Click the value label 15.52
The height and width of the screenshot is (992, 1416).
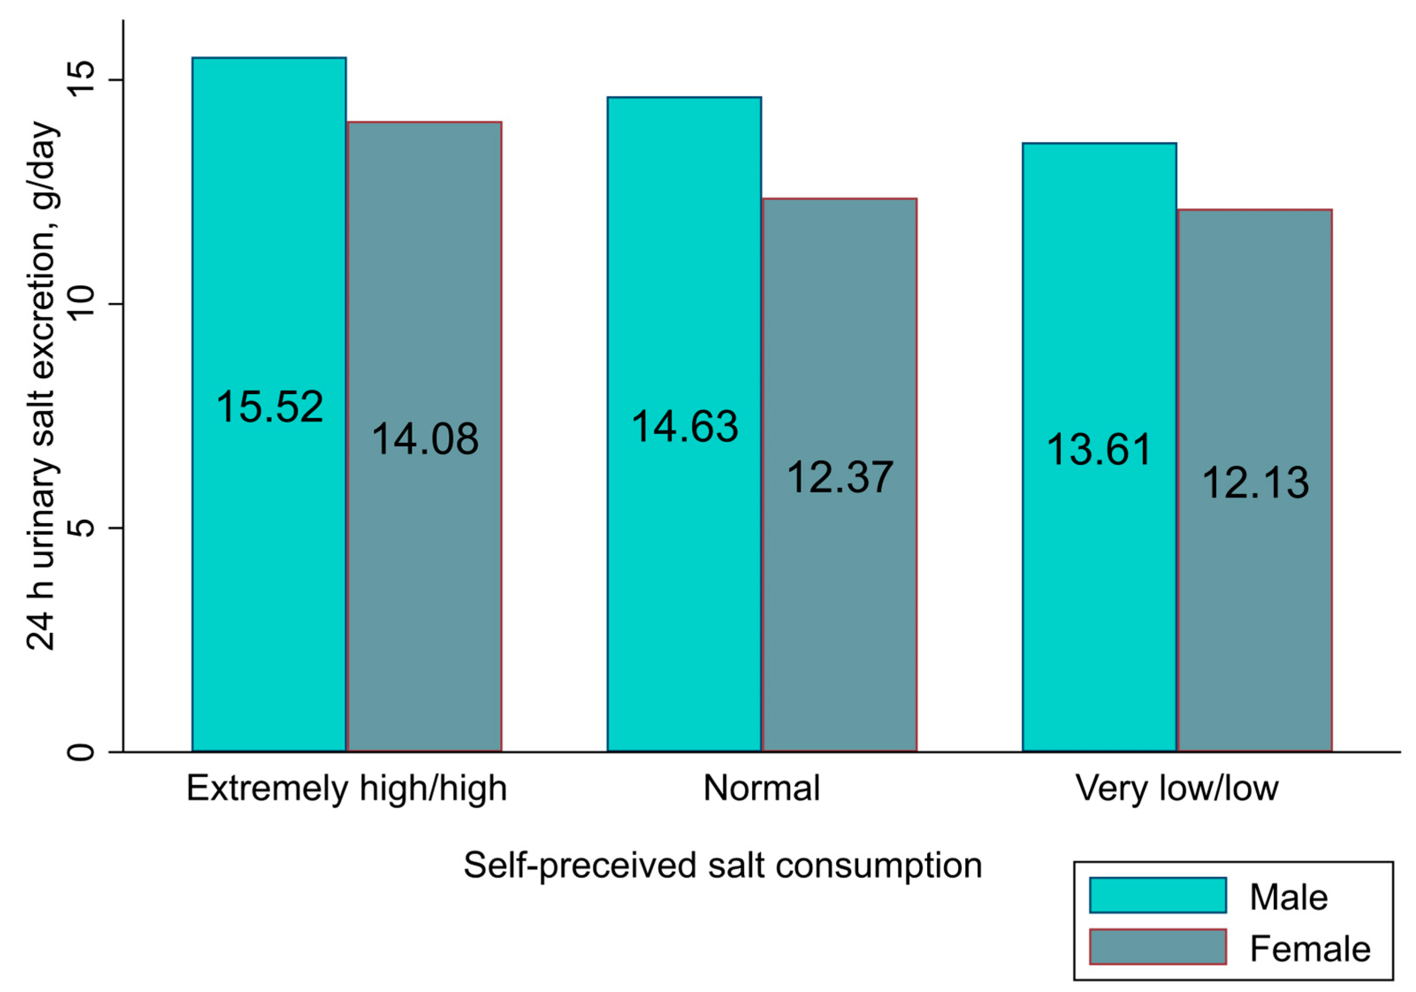point(270,407)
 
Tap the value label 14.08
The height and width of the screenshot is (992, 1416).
point(425,439)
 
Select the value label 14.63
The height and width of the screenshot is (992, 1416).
point(684,427)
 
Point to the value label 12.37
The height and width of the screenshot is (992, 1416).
point(840,478)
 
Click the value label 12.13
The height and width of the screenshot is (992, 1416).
point(1255,483)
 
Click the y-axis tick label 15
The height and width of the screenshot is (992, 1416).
point(81,80)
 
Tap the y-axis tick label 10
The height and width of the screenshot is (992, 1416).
point(81,303)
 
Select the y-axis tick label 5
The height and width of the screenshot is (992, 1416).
point(81,528)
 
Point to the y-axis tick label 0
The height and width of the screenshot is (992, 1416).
point(81,752)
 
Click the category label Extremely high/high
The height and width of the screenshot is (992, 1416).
point(347,789)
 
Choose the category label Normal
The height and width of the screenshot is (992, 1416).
point(762,789)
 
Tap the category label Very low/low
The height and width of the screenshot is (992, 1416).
point(1177,789)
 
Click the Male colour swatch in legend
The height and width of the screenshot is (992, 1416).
point(1157,895)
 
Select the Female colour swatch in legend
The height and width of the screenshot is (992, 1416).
point(1157,947)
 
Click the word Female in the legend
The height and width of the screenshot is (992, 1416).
point(1310,949)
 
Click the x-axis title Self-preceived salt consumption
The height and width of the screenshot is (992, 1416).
point(723,866)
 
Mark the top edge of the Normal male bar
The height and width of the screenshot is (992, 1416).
point(684,97)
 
